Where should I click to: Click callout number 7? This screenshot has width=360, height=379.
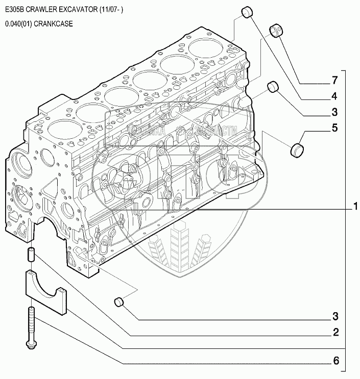pyautogui.click(x=334, y=81)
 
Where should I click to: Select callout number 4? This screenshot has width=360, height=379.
pyautogui.click(x=334, y=96)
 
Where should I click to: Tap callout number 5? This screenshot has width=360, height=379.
pyautogui.click(x=334, y=128)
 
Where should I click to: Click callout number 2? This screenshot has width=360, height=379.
pyautogui.click(x=335, y=333)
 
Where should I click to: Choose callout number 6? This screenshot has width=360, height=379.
pyautogui.click(x=335, y=361)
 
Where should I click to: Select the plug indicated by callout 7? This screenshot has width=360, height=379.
pyautogui.click(x=277, y=30)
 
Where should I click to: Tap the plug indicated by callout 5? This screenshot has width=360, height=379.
pyautogui.click(x=297, y=150)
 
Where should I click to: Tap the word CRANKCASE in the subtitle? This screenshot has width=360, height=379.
pyautogui.click(x=57, y=23)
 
